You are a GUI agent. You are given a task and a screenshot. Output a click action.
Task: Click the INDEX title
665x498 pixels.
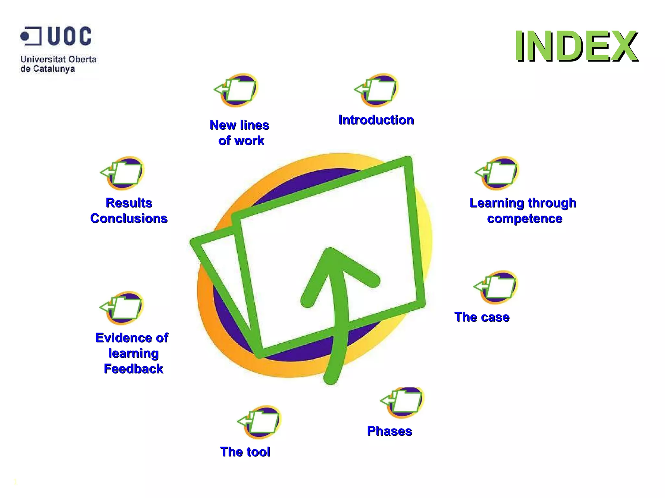[x=576, y=46]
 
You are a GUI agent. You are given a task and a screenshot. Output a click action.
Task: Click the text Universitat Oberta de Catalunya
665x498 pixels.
[x=58, y=64]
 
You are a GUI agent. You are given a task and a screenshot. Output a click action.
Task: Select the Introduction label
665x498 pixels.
[x=376, y=120]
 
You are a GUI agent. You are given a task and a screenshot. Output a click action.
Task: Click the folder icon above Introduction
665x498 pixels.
[x=377, y=90]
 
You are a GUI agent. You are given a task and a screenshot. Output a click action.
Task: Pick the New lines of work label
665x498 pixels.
[x=240, y=133]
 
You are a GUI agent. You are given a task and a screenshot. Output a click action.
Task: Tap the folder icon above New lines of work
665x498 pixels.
[x=237, y=90]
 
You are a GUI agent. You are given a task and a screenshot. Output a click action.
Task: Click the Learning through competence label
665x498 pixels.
[x=523, y=210]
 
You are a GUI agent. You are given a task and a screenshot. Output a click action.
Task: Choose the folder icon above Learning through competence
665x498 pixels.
[x=498, y=172]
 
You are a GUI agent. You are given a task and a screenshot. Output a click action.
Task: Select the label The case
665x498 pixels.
[x=482, y=317]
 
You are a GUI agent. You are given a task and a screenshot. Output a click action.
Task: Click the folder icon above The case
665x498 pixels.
[x=496, y=287]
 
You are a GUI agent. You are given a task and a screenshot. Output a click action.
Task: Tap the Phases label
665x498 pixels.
[x=389, y=431]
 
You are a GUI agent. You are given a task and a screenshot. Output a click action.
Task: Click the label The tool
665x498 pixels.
[x=245, y=452]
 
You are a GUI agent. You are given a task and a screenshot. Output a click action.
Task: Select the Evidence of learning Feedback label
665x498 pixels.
[x=132, y=353]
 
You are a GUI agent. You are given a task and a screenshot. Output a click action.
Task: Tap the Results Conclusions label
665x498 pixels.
[x=129, y=210]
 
